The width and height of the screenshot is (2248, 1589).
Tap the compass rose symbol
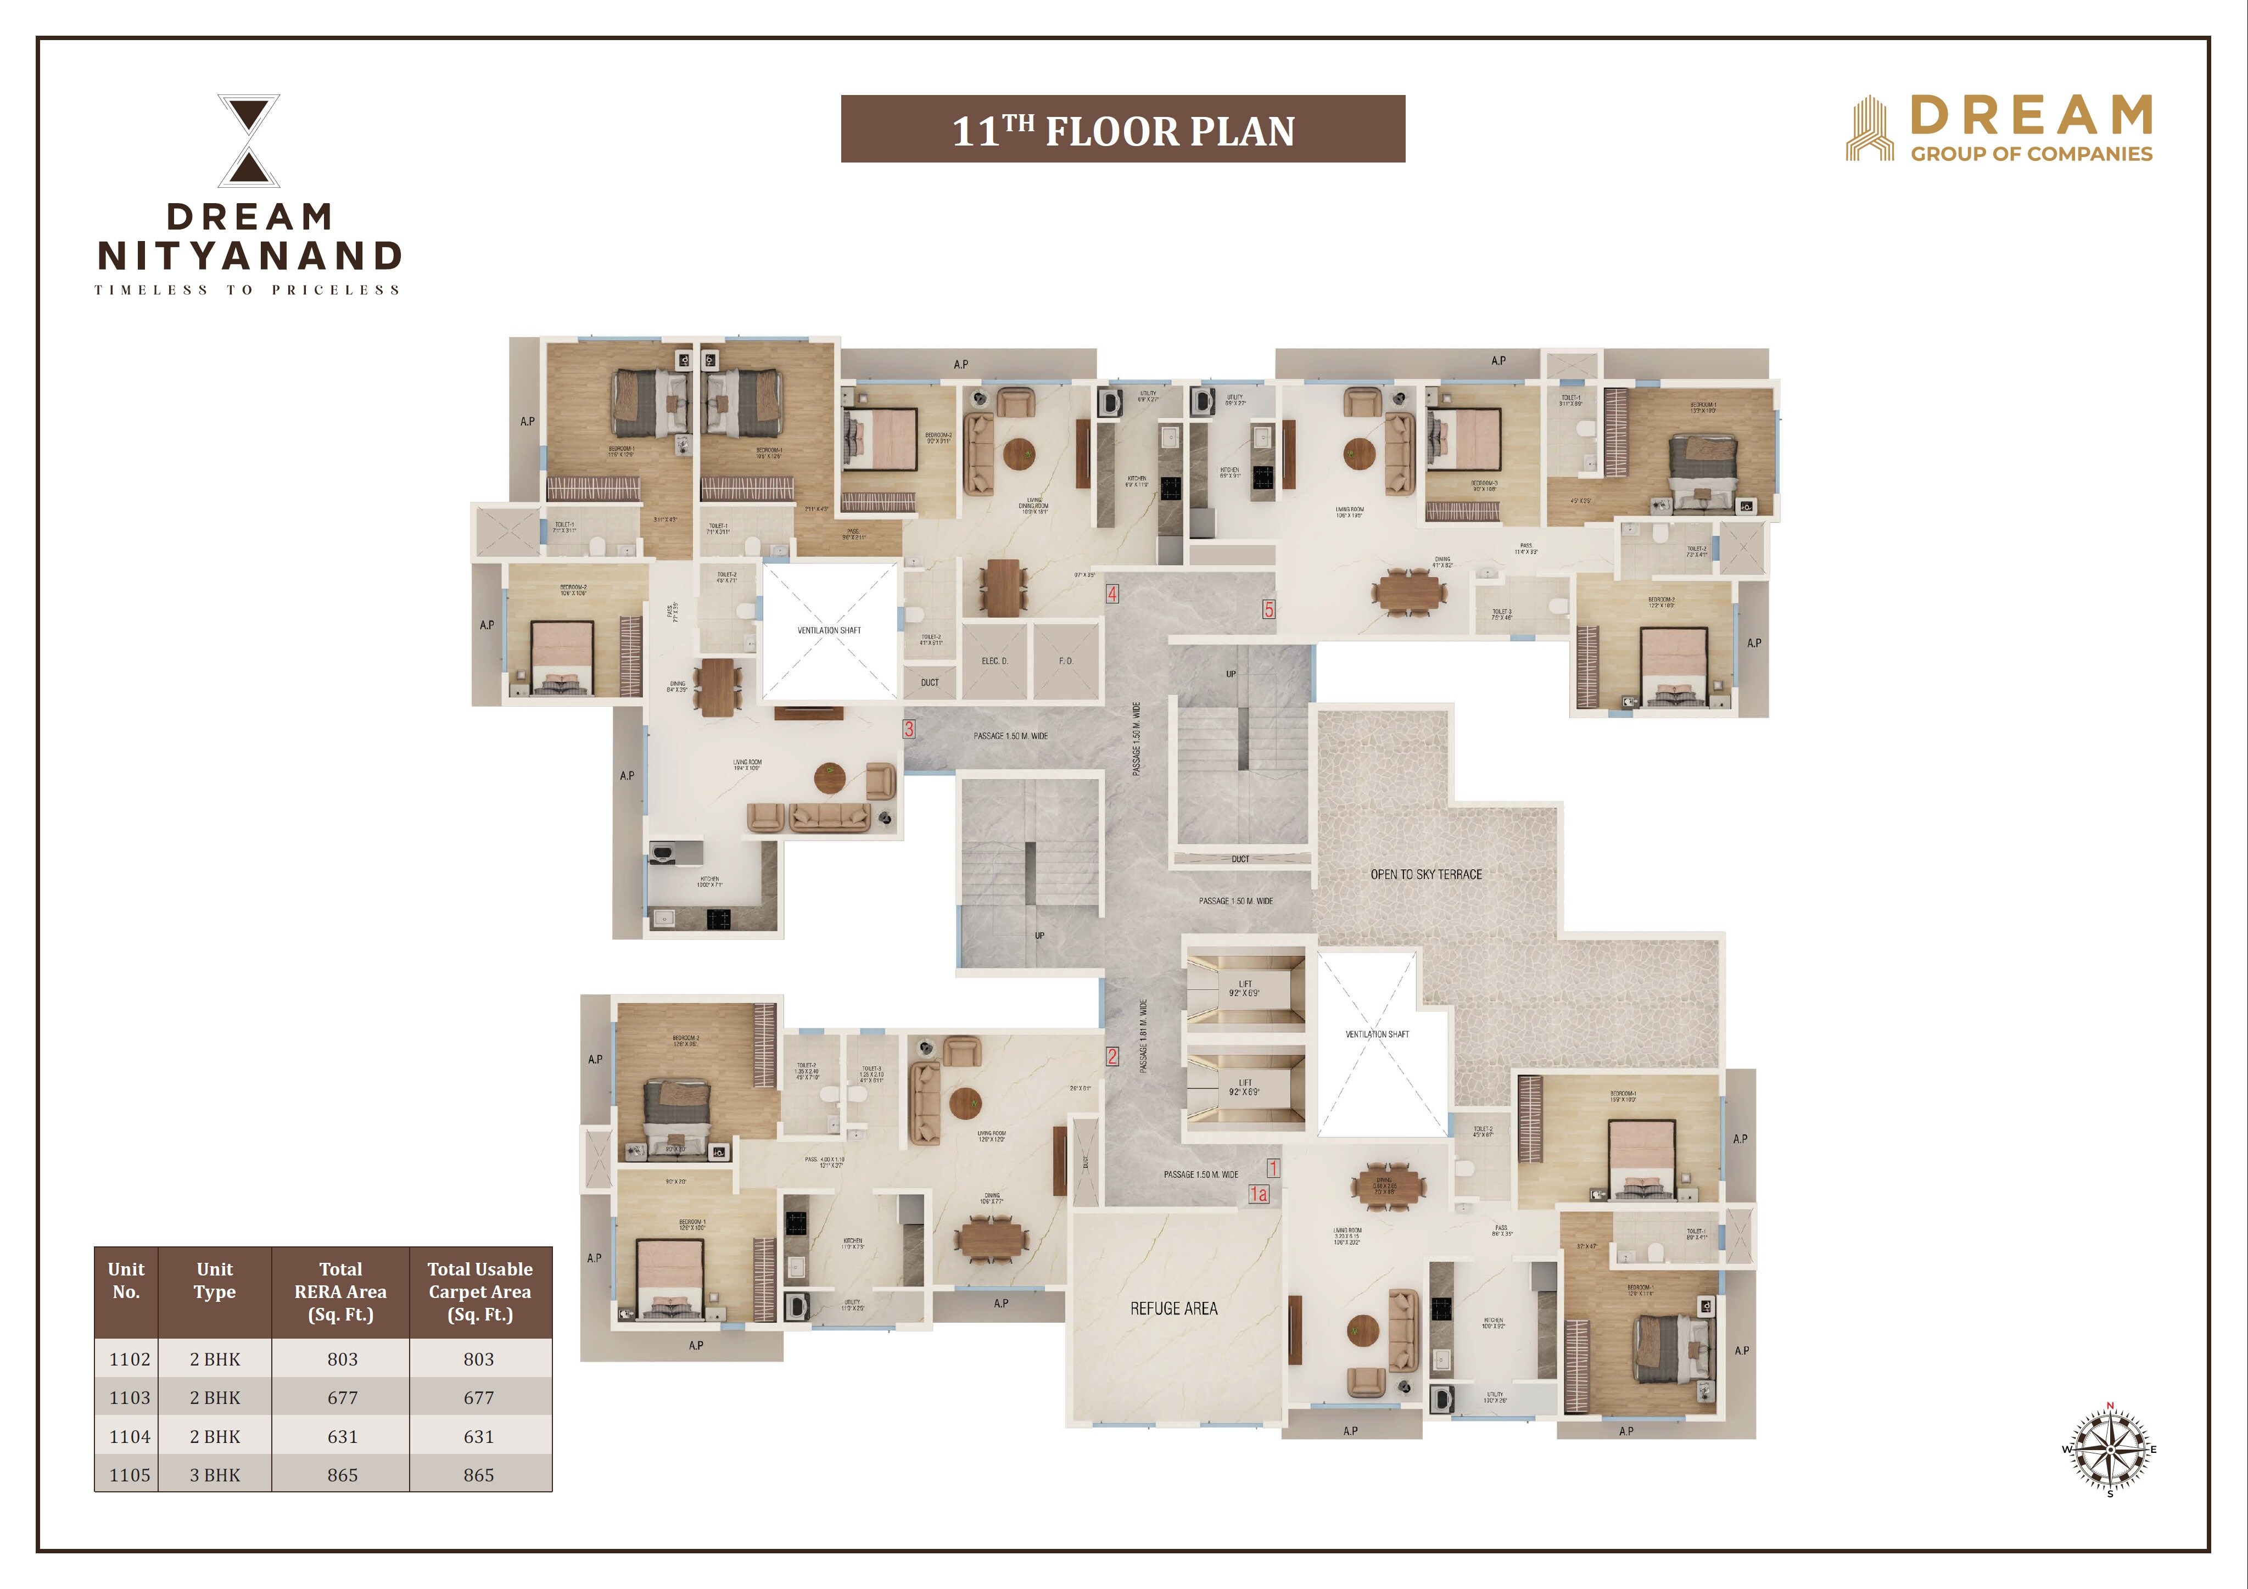(2109, 1449)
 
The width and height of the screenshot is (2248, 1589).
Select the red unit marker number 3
(909, 729)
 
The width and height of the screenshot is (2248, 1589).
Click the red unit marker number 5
(1268, 609)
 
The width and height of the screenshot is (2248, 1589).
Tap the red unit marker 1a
(1258, 1194)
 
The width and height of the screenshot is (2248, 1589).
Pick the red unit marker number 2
(1112, 1056)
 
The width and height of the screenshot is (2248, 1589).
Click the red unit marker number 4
(1112, 594)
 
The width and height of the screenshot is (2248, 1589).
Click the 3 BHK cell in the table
(214, 1474)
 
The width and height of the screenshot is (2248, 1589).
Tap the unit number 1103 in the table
(129, 1397)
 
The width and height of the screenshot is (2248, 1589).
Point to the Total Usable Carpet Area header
(480, 1291)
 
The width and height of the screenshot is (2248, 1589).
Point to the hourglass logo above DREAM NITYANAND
(249, 140)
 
